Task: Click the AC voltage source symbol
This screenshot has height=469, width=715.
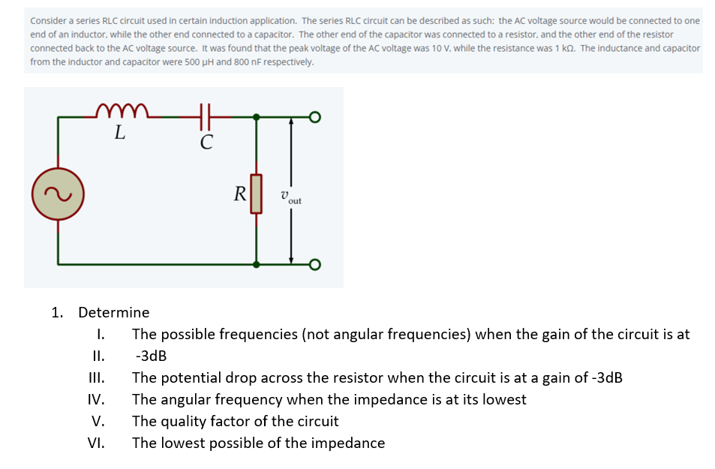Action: (x=58, y=194)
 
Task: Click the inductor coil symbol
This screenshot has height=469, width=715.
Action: (x=123, y=111)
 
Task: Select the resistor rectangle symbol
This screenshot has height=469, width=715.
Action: (x=257, y=194)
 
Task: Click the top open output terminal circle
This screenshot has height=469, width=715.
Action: (x=315, y=117)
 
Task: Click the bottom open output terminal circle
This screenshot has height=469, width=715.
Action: (x=315, y=264)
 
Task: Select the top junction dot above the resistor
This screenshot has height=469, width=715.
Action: (x=257, y=117)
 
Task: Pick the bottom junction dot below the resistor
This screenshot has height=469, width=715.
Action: (x=257, y=264)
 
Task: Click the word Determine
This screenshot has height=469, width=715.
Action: (x=113, y=312)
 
